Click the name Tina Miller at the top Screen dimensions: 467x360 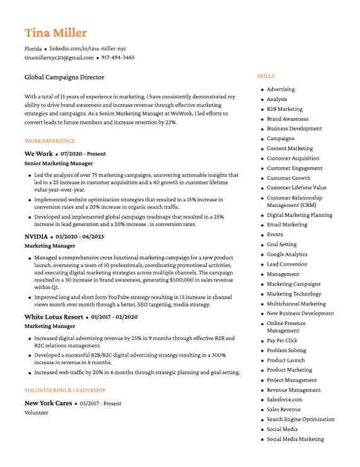pos(55,33)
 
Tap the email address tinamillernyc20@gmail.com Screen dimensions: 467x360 pos(59,57)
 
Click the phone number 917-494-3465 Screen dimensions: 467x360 pos(118,57)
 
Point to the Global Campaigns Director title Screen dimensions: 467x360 pos(64,77)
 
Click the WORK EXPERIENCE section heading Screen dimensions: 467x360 pos(50,141)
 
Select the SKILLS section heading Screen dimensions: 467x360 pos(265,76)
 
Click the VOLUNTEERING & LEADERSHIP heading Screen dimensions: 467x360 pos(65,390)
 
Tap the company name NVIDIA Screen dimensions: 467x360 pos(36,236)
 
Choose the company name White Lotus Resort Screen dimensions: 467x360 pos(54,316)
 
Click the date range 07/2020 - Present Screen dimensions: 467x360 pos(83,153)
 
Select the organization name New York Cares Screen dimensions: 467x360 pos(48,403)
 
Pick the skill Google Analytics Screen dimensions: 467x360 pos(287,254)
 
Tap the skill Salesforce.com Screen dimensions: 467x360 pos(284,399)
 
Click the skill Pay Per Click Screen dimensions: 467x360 pos(282,340)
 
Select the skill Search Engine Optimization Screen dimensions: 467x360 pos(301,419)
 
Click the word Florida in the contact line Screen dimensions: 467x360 pos(33,48)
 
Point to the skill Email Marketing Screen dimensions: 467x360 pos(287,225)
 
